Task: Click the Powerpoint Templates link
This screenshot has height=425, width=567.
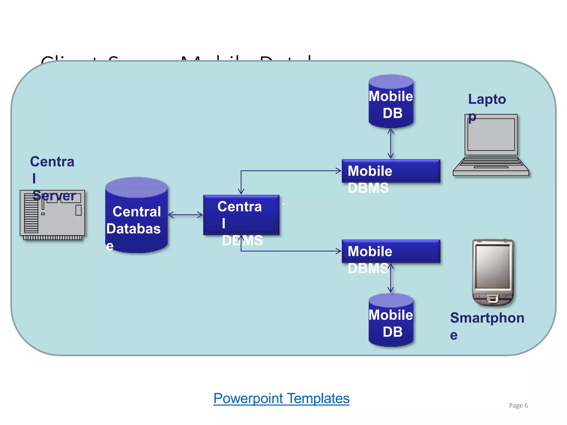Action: click(x=281, y=399)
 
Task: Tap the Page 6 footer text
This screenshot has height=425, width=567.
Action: click(x=518, y=405)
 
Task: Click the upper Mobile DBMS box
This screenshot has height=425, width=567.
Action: click(x=391, y=171)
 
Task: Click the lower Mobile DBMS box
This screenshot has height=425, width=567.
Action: click(x=391, y=251)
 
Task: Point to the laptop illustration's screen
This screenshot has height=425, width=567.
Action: click(x=491, y=135)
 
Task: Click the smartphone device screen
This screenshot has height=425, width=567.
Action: click(x=493, y=267)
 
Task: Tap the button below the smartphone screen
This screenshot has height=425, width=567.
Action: click(x=493, y=299)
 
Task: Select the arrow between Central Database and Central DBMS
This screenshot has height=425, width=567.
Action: click(x=185, y=215)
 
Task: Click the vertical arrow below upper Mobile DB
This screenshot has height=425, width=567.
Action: click(x=391, y=143)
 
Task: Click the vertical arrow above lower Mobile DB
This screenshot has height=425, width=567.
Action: click(x=391, y=278)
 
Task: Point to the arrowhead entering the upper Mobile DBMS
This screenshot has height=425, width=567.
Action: click(x=339, y=171)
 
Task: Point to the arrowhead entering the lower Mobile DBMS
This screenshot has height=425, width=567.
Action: click(x=339, y=251)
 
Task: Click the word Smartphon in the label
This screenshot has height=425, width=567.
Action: click(x=487, y=318)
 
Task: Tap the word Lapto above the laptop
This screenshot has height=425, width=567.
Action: click(x=487, y=99)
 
